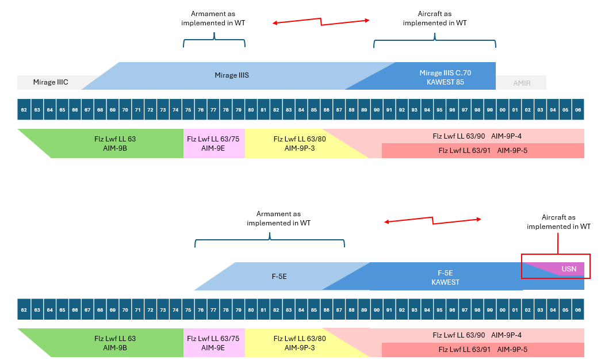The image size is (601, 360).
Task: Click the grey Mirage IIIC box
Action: click(x=51, y=82)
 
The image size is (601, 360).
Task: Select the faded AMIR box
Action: click(x=522, y=83)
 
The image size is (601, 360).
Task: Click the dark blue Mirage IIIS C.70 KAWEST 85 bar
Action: click(x=442, y=77)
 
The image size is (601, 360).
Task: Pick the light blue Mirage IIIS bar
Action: click(x=231, y=75)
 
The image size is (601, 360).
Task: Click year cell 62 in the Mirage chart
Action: click(x=24, y=109)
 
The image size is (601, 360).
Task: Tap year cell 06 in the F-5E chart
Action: click(x=578, y=309)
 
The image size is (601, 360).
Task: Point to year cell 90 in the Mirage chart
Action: click(x=377, y=109)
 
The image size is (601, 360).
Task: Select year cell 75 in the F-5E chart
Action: click(x=188, y=309)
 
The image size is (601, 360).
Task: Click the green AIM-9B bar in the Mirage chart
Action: click(x=115, y=143)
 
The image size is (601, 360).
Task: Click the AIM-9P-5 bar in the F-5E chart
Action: click(x=483, y=350)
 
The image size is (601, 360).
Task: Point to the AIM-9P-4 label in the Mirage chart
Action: click(x=515, y=136)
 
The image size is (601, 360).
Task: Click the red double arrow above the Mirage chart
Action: click(x=320, y=22)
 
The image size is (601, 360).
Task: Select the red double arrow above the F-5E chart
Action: click(x=432, y=220)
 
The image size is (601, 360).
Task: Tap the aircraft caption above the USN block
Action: click(x=558, y=222)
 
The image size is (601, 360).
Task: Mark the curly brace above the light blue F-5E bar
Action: click(x=270, y=241)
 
